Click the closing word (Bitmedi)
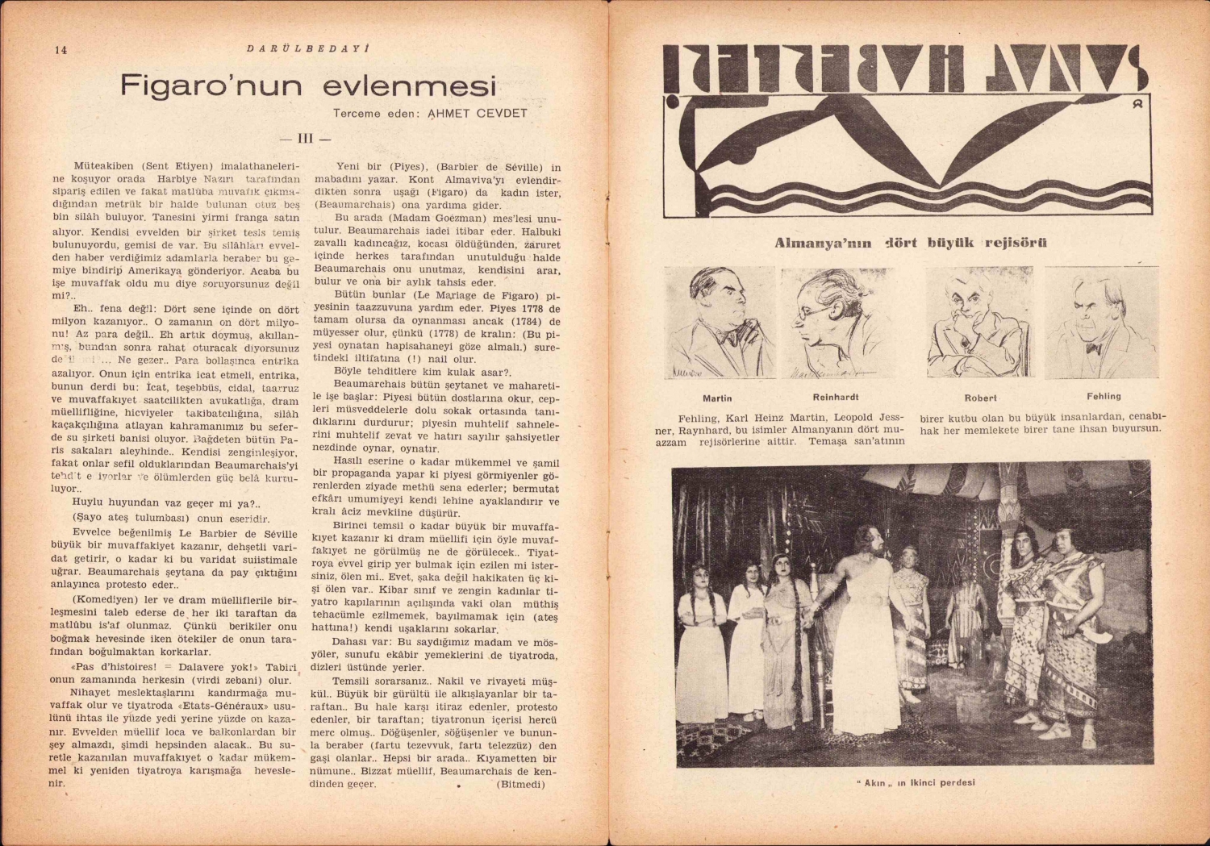coord(521,783)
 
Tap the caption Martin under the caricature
coord(717,398)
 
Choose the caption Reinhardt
coord(836,397)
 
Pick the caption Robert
coord(980,398)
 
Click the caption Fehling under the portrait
coord(1104,396)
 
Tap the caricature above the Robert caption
coord(979,323)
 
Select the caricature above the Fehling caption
coord(1102,323)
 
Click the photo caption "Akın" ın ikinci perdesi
coord(915,782)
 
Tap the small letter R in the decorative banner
coord(1137,102)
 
